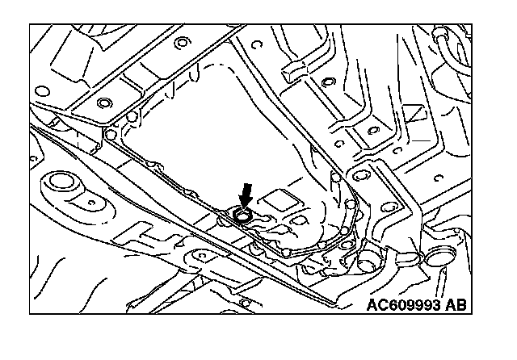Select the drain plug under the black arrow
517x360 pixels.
pos(241,215)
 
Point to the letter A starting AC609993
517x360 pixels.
pos(372,305)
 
